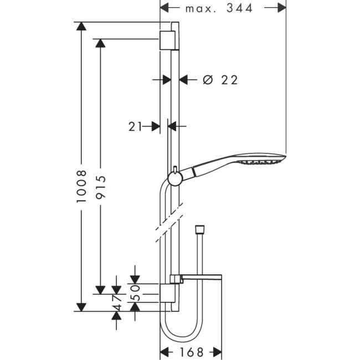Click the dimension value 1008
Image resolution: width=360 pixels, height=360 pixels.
82,186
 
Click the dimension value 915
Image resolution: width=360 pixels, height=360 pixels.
100,186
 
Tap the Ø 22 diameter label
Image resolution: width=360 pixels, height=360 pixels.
220,80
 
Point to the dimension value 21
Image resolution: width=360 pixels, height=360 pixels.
135,127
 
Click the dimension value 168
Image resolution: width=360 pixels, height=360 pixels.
191,352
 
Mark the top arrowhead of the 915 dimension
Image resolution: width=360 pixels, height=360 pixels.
100,43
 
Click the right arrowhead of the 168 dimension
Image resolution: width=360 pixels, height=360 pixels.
218,352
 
